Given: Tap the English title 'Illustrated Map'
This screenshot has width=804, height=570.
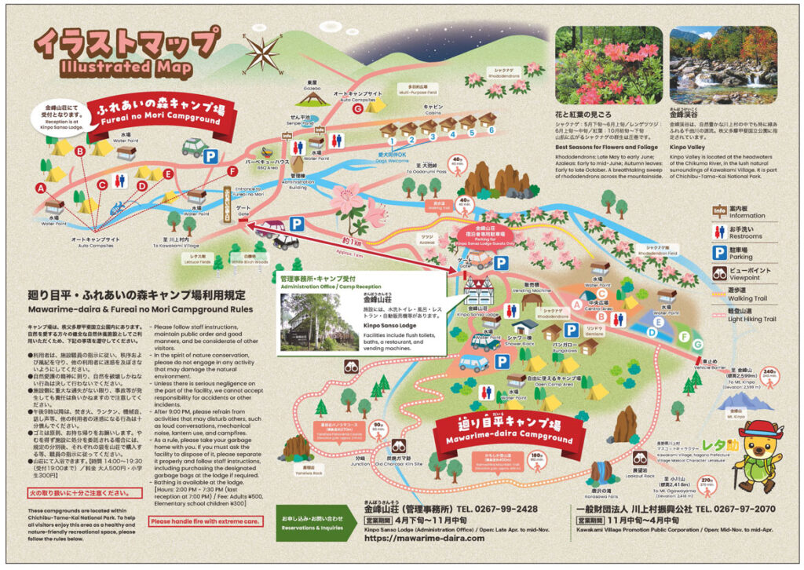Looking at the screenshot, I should coord(126,68).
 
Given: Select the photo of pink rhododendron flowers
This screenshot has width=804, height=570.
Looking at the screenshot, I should coord(608,66).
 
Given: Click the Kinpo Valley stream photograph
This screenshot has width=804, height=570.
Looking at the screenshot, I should coord(723,66).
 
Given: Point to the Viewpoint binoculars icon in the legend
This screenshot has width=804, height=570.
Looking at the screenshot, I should coord(719,273).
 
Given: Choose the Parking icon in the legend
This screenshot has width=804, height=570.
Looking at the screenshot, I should coord(719,252).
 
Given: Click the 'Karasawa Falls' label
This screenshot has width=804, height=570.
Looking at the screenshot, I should coord(603,493).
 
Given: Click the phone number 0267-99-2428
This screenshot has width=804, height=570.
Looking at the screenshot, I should coord(495,509).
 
